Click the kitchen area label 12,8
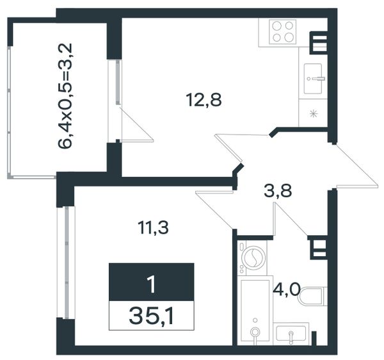[x=204, y=101]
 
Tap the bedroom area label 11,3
[x=153, y=227]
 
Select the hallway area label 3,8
[x=278, y=191]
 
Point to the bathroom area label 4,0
[x=286, y=290]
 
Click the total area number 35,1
[x=151, y=316]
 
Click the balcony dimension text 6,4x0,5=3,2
[x=65, y=96]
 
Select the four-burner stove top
[x=283, y=32]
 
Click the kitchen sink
[x=313, y=79]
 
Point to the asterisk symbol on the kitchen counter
[x=313, y=113]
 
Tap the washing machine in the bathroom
[x=252, y=258]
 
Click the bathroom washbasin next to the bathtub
[x=291, y=333]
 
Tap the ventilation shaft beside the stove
[x=319, y=43]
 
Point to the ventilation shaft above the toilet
[x=317, y=247]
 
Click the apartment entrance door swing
[x=355, y=167]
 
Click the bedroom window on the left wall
[x=66, y=263]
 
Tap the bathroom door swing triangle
[x=290, y=219]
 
